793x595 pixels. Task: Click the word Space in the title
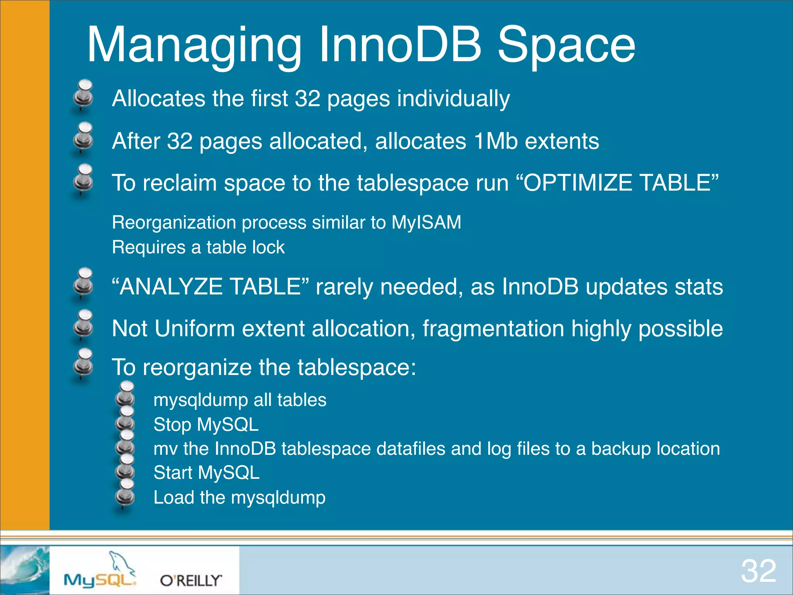566,45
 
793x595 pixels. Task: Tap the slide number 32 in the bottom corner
759,571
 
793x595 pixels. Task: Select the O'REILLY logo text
191,580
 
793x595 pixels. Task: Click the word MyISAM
426,222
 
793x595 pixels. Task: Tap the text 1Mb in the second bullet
496,141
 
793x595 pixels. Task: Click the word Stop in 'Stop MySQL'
172,425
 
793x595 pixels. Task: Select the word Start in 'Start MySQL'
173,473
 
